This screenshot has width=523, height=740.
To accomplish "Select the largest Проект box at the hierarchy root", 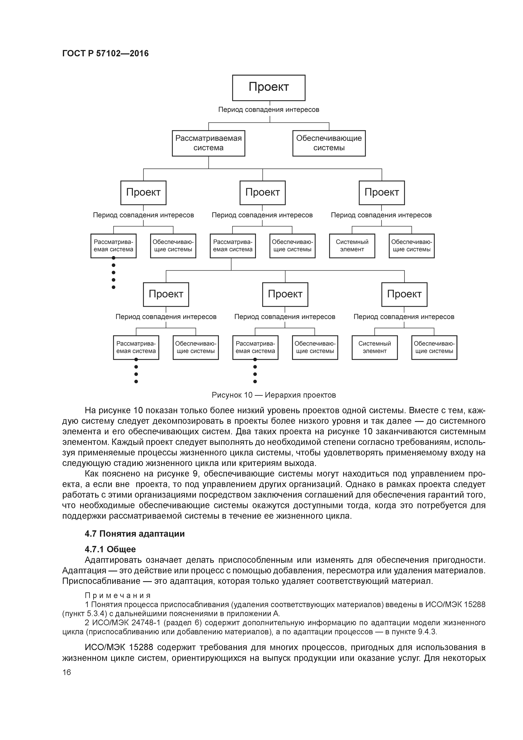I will [x=268, y=88].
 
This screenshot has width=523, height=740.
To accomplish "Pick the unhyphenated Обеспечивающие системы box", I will [x=329, y=143].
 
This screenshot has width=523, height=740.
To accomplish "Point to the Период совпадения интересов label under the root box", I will [x=268, y=109].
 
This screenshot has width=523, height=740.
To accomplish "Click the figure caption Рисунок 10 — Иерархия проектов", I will [x=274, y=395].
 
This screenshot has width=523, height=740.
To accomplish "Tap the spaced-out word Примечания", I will [x=118, y=595].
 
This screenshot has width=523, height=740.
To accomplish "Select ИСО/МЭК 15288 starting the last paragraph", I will [x=119, y=647].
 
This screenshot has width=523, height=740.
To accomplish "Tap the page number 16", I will [x=67, y=672].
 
